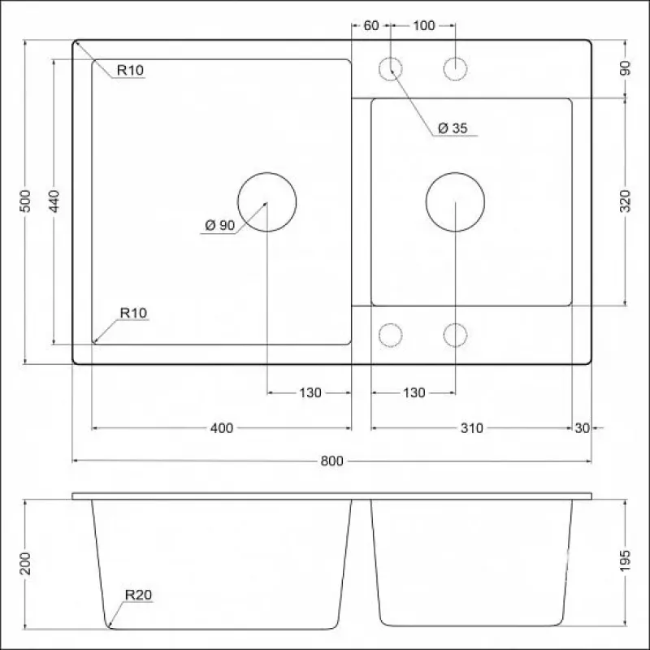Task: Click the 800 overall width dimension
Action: pyautogui.click(x=331, y=461)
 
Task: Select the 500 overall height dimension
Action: pyautogui.click(x=25, y=201)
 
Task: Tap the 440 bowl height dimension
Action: pyautogui.click(x=54, y=201)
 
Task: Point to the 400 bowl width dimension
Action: pyautogui.click(x=222, y=428)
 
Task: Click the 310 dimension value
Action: pyautogui.click(x=472, y=428)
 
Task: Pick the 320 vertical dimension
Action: pyautogui.click(x=625, y=201)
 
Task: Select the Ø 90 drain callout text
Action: pyautogui.click(x=220, y=225)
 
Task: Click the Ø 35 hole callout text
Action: pyautogui.click(x=453, y=128)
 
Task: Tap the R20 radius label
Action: pyautogui.click(x=138, y=595)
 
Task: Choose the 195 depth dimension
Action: pyautogui.click(x=625, y=561)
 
